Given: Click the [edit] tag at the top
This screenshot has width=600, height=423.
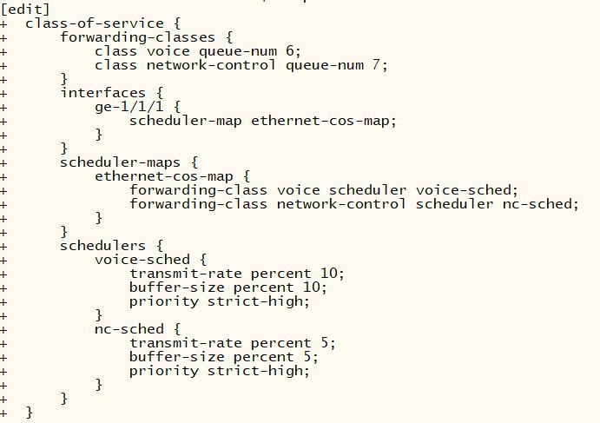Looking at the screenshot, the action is point(25,9).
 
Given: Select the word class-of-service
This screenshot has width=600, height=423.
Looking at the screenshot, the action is point(95,23).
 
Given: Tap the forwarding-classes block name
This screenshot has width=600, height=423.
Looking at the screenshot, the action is point(138,37).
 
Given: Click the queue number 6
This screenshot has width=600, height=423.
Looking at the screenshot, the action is point(290,51).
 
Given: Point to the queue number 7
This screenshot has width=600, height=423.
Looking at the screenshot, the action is point(377,64).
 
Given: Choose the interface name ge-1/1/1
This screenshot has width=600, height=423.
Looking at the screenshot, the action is point(129,107).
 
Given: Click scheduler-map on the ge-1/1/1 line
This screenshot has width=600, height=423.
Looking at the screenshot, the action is point(186,121).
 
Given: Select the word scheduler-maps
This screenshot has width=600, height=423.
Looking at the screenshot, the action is point(120,162).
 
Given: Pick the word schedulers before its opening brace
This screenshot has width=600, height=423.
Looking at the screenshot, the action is point(103,246).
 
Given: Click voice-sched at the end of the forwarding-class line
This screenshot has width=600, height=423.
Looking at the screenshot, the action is point(464,190).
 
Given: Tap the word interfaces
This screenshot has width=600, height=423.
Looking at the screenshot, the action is point(103,93).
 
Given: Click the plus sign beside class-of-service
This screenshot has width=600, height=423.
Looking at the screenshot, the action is point(3,23).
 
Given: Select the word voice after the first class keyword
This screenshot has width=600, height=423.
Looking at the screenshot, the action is point(168,51).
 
